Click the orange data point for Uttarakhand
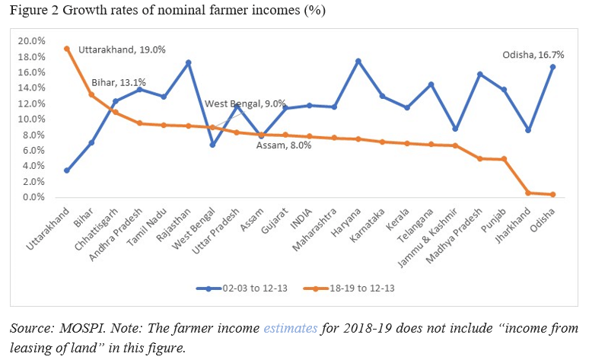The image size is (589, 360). click(67, 49)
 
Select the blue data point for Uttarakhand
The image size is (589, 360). click(67, 170)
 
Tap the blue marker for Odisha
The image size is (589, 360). click(552, 67)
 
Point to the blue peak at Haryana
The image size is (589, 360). click(358, 61)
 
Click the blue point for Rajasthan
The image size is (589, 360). click(188, 62)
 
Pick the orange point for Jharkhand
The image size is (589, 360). click(527, 193)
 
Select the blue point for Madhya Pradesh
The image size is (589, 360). click(479, 75)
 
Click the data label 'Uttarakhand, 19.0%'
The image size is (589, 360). click(122, 50)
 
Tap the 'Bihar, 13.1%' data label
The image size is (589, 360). click(119, 82)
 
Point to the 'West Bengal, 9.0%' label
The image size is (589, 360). click(245, 103)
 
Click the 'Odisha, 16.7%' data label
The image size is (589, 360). click(533, 55)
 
